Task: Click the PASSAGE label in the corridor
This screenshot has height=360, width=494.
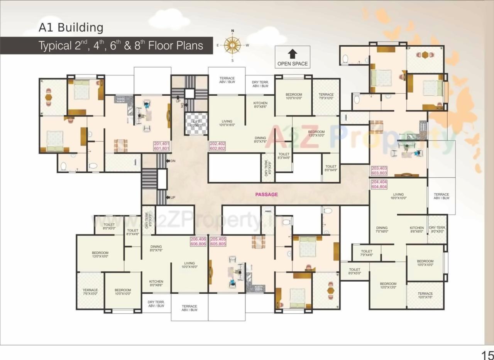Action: (x=266, y=194)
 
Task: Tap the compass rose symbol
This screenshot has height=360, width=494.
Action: (x=232, y=46)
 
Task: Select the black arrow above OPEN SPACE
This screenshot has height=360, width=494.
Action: (x=293, y=54)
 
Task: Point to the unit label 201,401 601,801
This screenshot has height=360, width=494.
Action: (x=162, y=146)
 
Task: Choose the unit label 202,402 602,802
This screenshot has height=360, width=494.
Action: (x=217, y=146)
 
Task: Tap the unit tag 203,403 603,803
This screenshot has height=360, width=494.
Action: (x=379, y=171)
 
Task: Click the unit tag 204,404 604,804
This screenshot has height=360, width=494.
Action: (x=379, y=184)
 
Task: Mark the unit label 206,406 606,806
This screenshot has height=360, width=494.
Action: (x=198, y=242)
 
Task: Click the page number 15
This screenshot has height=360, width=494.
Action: (x=487, y=355)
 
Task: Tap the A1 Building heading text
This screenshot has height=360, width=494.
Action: (x=71, y=28)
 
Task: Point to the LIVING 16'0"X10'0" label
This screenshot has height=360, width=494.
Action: (x=398, y=196)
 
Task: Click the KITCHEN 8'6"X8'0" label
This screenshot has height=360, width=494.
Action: (x=417, y=230)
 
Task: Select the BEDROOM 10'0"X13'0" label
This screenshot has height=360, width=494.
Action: (x=388, y=286)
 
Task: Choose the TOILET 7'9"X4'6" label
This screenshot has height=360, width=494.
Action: (x=367, y=253)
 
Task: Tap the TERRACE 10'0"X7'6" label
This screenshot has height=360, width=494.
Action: (x=425, y=296)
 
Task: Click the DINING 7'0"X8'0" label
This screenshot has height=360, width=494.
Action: (x=382, y=230)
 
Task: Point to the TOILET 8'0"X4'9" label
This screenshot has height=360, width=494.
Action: (x=331, y=168)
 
